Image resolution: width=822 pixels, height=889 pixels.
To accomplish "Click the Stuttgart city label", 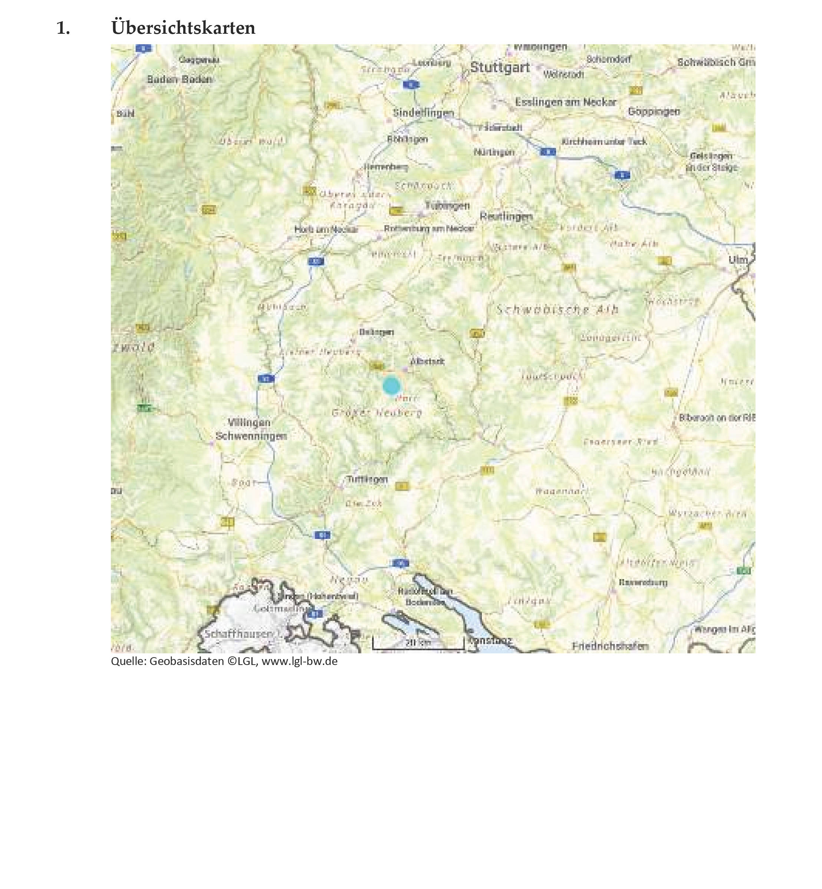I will [x=500, y=68].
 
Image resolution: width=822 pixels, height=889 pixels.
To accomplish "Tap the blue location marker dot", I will [x=391, y=386].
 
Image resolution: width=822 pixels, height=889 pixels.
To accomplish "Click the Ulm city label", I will [x=738, y=259].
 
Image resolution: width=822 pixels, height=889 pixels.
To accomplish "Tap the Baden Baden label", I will [x=180, y=80].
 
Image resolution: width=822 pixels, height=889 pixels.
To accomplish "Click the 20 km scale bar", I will [x=418, y=643].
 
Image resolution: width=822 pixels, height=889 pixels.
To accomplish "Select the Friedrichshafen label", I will [x=610, y=646].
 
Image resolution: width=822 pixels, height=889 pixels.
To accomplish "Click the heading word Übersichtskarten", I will [x=183, y=28].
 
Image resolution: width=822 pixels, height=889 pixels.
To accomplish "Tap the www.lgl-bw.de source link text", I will [x=299, y=661].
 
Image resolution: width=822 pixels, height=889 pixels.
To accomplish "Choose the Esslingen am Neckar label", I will [x=565, y=102].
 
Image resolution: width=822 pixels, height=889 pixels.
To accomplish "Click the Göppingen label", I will [x=654, y=111].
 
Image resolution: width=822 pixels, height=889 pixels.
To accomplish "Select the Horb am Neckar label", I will [x=326, y=230].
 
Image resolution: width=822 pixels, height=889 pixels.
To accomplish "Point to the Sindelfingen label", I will [x=423, y=113].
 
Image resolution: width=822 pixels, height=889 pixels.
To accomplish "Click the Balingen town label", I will [x=376, y=332].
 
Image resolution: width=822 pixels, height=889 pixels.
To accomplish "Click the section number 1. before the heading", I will [x=63, y=28].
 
